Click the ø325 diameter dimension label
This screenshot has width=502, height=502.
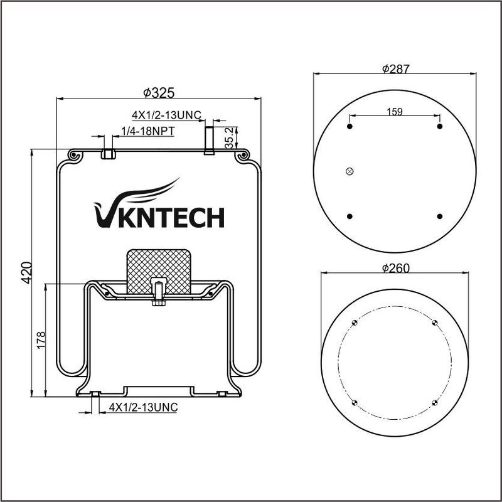[159, 93]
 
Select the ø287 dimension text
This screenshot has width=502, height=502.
[396, 68]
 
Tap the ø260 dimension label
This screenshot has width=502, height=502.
[396, 268]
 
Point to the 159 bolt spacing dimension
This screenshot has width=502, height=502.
[395, 112]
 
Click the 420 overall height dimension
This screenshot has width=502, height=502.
[26, 273]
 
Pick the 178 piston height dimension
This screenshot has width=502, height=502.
[41, 340]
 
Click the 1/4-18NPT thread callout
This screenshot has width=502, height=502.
[147, 131]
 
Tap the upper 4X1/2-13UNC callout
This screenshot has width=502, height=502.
[166, 115]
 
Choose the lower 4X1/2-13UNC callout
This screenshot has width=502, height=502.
[144, 407]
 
